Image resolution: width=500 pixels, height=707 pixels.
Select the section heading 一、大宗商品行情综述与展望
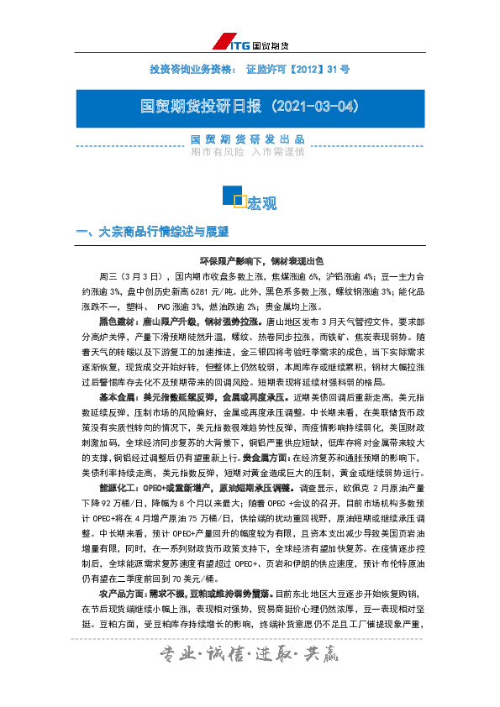point(152,232)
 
